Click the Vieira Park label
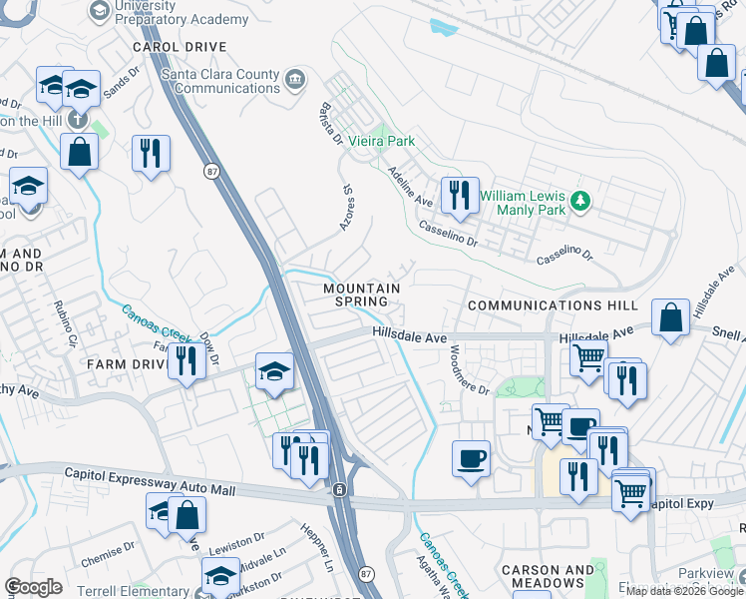(x=380, y=143)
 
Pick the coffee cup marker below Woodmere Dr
(x=471, y=458)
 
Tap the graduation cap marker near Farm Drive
(x=274, y=370)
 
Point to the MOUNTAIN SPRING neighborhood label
(x=361, y=295)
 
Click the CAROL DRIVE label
(x=182, y=47)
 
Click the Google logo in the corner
(x=33, y=587)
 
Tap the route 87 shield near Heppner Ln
(x=366, y=574)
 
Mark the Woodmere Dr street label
(x=468, y=369)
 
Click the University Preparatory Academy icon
(x=100, y=10)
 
